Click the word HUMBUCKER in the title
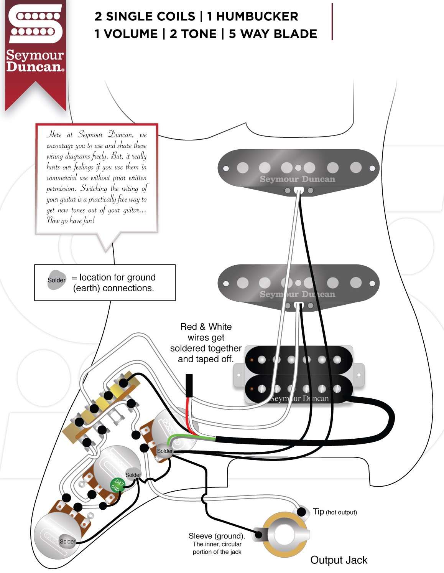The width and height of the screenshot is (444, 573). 252,17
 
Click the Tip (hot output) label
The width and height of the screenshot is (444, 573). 335,512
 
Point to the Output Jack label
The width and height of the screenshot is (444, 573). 339,560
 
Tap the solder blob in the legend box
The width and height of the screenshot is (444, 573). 57,280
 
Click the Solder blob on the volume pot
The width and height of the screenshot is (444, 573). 165,451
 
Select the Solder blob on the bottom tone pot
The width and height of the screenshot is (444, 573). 67,542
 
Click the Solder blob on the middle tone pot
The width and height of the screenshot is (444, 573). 133,475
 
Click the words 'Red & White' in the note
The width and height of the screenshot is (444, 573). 206,327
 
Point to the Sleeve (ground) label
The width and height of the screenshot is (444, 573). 217,536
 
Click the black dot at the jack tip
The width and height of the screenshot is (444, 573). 302,512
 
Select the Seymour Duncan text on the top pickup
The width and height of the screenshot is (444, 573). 297,179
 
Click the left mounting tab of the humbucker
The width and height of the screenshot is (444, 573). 239,375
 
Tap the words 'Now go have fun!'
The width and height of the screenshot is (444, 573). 71,220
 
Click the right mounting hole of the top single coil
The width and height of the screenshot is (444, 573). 372,168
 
